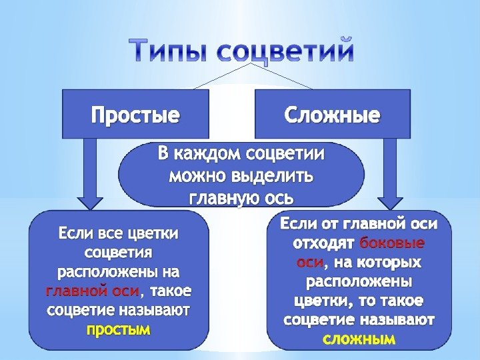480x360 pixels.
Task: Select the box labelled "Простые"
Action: point(135,115)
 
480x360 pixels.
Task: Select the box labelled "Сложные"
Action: point(332,115)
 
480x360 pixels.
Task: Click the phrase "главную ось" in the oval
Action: point(241,198)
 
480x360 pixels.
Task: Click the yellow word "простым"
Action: point(119,330)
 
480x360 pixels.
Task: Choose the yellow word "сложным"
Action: point(359,339)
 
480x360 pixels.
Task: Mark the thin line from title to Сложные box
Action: point(283,77)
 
